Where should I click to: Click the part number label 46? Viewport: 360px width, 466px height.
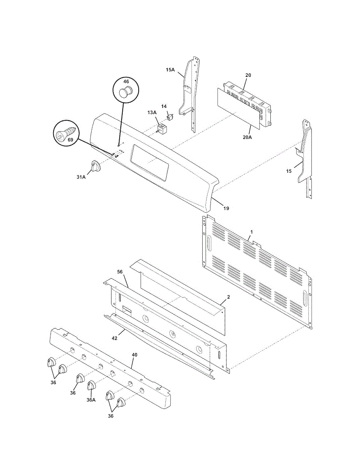click(126, 82)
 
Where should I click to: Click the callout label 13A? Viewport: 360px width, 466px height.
click(152, 112)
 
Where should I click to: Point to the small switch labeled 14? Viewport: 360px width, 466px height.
click(169, 115)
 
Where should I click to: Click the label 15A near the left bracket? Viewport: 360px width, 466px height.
click(170, 70)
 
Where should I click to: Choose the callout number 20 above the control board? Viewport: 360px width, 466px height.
click(248, 75)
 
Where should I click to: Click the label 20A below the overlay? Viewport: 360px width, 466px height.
click(247, 137)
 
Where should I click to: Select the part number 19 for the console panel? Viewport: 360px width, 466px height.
click(226, 208)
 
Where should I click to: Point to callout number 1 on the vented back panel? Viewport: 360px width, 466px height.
click(251, 232)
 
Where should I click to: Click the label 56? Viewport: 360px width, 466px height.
click(120, 272)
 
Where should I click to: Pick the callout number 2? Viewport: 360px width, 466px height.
click(228, 297)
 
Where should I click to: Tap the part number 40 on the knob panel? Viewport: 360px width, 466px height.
click(134, 355)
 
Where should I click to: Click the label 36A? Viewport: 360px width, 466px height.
click(90, 400)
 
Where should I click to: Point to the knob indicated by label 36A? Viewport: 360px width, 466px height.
click(92, 386)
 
